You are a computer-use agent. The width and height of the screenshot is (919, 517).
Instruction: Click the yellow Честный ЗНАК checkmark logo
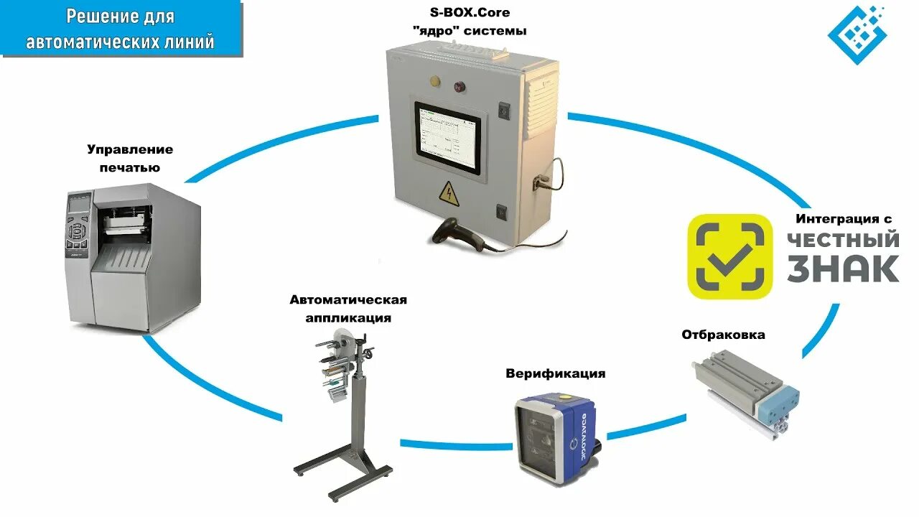[729, 256]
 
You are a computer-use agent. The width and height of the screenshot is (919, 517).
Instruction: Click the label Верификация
[555, 373]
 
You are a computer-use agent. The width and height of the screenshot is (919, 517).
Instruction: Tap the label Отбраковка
[723, 335]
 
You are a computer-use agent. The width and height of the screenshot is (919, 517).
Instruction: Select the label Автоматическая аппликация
[348, 308]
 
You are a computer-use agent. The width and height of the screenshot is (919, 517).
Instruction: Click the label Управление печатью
[130, 158]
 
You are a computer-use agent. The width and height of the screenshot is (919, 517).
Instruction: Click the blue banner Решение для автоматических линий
[121, 29]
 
